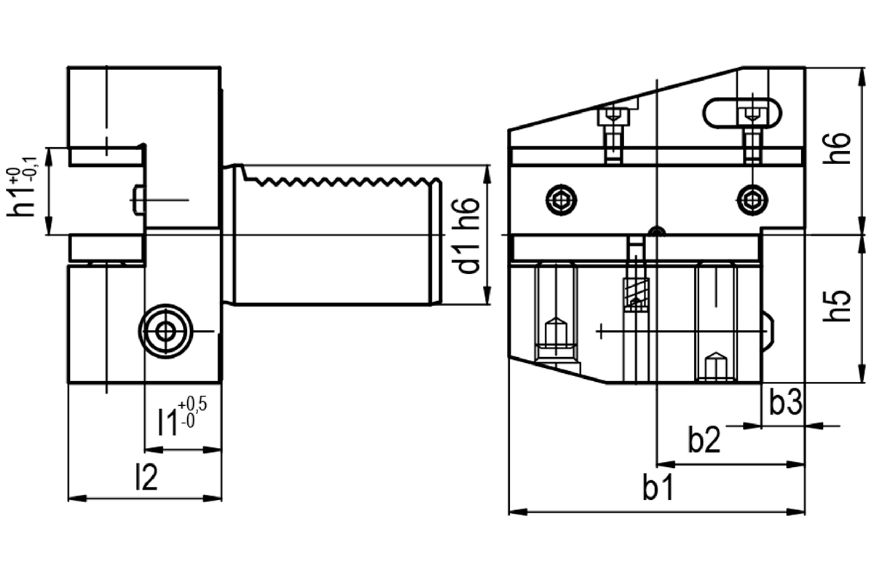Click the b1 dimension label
point(658,488)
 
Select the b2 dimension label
point(704,439)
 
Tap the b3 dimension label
point(786,402)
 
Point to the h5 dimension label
point(837,307)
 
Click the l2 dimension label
point(146,477)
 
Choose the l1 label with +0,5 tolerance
point(182,416)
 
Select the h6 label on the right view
point(837,149)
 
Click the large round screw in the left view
point(166,332)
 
